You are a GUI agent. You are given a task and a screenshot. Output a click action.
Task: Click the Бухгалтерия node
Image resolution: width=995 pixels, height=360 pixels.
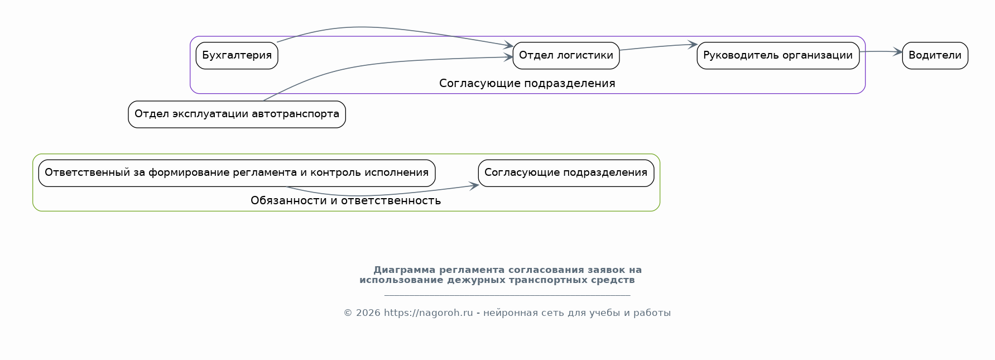point(237,56)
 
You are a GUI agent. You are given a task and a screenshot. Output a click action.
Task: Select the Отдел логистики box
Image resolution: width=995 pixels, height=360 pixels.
point(566,56)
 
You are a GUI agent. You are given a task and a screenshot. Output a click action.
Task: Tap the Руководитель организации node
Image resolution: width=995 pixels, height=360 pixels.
point(778,56)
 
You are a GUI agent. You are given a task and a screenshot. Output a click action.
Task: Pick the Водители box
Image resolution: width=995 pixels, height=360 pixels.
point(935,56)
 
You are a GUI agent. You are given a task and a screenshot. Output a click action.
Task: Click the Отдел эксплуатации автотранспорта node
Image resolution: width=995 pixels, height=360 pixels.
point(237,114)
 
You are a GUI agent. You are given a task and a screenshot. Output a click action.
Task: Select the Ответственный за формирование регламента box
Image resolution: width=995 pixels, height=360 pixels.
point(237,173)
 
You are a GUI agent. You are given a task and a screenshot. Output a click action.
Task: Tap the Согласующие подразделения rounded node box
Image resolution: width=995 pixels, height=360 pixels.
point(566,173)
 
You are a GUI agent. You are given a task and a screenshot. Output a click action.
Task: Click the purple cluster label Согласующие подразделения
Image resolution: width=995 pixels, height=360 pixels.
point(527,84)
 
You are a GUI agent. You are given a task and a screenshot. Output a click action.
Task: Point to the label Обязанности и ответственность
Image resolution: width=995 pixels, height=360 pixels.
point(345,201)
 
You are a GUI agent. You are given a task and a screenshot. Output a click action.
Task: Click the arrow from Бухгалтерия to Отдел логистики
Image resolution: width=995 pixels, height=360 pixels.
point(391,28)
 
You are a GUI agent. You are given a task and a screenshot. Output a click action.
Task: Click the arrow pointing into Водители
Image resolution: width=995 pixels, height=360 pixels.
point(881,52)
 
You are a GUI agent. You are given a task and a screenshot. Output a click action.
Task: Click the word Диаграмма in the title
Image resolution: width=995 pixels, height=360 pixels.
point(404,270)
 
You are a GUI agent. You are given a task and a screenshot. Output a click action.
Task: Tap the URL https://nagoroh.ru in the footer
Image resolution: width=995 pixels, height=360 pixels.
point(428,313)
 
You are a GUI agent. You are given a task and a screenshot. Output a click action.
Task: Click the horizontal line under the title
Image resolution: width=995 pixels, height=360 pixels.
point(507,295)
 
